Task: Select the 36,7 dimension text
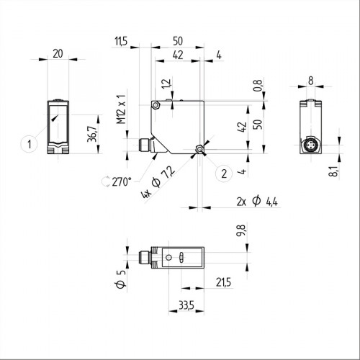[x=91, y=133]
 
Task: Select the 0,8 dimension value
[x=257, y=88]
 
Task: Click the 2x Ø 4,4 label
[x=256, y=201]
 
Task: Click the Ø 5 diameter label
[x=121, y=276]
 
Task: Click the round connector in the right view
[x=310, y=148]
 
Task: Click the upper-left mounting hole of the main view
[x=156, y=106]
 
